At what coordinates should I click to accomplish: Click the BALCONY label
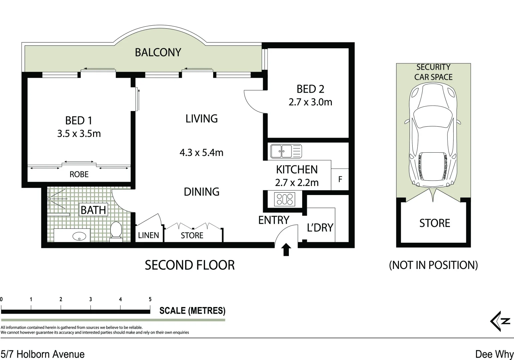click(x=158, y=53)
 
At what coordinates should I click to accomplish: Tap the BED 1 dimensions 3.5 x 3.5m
click(x=79, y=133)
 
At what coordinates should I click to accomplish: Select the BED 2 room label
click(x=310, y=89)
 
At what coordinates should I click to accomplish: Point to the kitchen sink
click(x=286, y=151)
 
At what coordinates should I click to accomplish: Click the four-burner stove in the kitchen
click(x=285, y=199)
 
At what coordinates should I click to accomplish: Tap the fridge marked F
click(x=340, y=179)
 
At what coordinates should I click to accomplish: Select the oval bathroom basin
click(x=79, y=236)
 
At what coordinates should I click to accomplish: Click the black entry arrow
click(x=286, y=249)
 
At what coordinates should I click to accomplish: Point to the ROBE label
click(x=79, y=174)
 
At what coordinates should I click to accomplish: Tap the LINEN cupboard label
click(x=148, y=235)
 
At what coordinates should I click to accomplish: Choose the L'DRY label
click(x=320, y=227)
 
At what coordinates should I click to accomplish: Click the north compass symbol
click(x=500, y=321)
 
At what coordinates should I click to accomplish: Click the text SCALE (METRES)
click(x=192, y=310)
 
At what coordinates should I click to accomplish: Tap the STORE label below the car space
click(x=435, y=223)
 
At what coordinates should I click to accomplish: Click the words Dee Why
click(x=494, y=354)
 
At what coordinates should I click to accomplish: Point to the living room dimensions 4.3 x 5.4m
click(x=201, y=152)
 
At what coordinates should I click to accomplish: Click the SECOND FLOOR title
click(x=190, y=265)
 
